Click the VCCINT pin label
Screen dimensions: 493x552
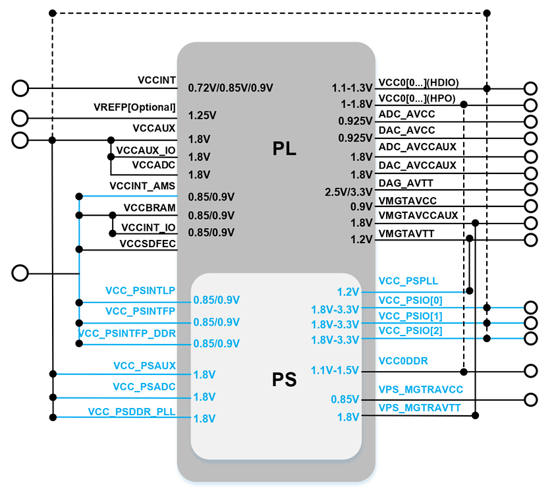coord(156,80)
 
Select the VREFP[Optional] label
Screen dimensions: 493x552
coord(135,107)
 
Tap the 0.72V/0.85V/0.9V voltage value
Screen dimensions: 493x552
coord(231,88)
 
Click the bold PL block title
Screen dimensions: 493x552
coord(285,149)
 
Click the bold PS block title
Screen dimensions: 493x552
coord(285,380)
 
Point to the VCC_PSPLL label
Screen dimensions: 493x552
coord(408,281)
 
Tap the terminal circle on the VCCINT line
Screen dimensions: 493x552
coord(20,88)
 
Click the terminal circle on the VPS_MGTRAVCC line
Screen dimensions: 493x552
coord(531,399)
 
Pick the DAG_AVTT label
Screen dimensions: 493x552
coord(406,183)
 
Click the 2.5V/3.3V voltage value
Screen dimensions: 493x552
coord(349,192)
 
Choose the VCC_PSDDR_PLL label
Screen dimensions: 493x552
coord(132,412)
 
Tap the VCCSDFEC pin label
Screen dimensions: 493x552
coord(148,244)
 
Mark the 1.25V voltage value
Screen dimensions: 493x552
coord(202,115)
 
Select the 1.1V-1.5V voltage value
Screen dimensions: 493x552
coord(335,372)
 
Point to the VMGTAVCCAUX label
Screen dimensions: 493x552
coord(418,215)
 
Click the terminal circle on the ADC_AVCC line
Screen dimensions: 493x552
coord(531,122)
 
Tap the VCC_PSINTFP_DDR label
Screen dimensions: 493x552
coord(127,333)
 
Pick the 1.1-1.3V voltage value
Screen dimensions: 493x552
coord(352,88)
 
